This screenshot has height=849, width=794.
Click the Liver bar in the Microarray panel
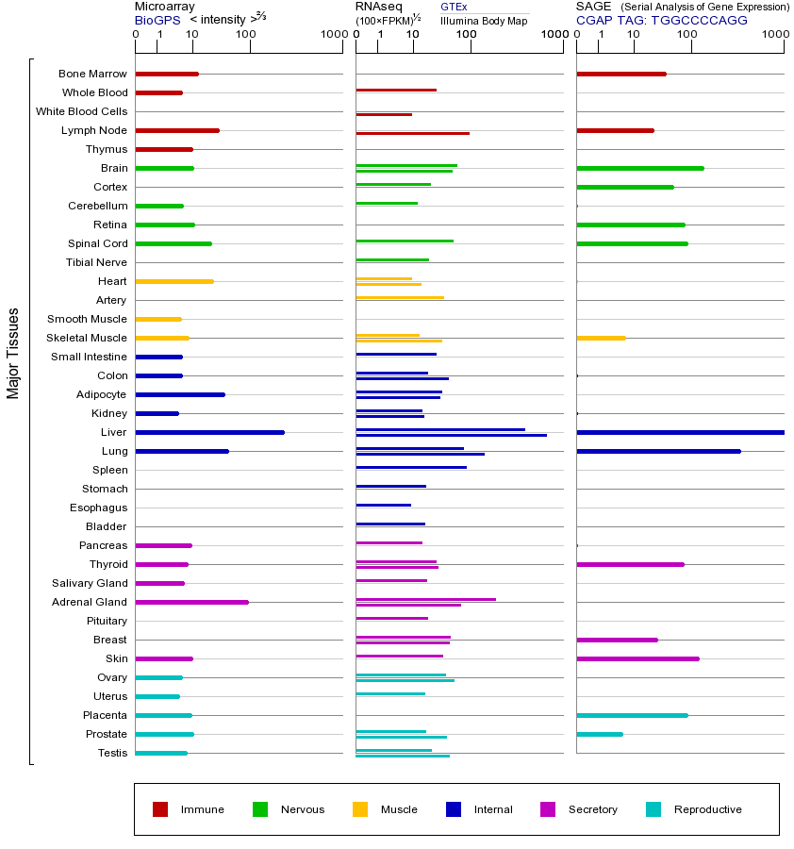[209, 432]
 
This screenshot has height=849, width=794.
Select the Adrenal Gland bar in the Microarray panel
[191, 602]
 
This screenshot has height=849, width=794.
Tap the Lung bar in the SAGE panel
[658, 451]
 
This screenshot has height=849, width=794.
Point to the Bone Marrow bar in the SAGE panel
[620, 74]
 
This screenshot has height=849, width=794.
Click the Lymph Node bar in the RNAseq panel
[412, 133]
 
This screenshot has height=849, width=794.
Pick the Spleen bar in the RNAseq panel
[411, 467]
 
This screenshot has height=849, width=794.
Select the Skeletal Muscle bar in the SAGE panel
[601, 338]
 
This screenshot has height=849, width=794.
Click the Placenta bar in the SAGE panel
[632, 715]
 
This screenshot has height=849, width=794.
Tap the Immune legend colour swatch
[160, 809]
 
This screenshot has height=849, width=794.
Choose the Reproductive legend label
[707, 809]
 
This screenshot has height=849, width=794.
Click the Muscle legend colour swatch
[360, 809]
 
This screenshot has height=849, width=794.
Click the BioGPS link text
[157, 20]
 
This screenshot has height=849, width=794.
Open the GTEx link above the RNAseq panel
[454, 7]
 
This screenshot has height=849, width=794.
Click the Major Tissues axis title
[13, 353]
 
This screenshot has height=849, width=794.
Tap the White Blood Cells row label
[81, 111]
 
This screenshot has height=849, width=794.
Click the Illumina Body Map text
[484, 20]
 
